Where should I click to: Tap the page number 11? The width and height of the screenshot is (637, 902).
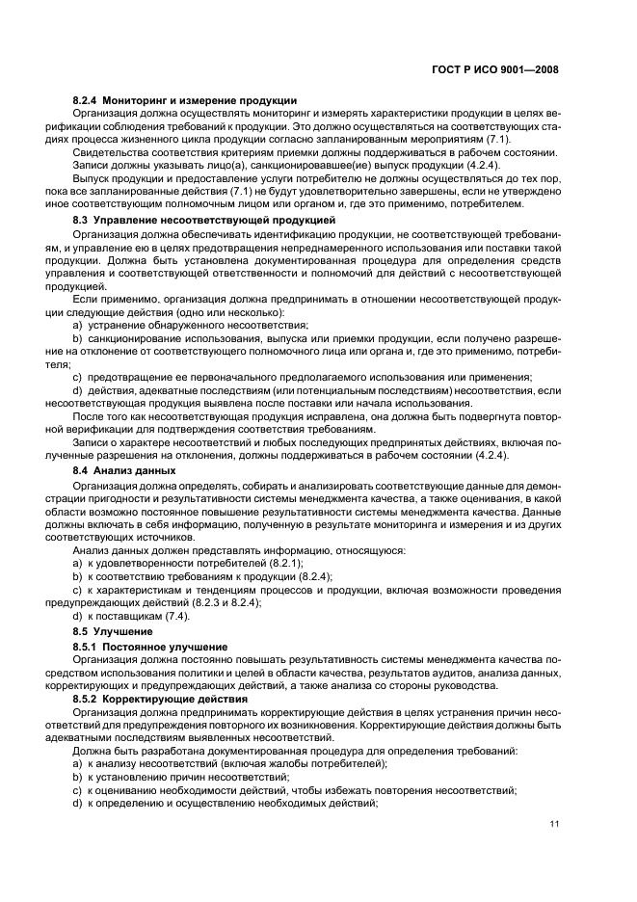click(x=554, y=824)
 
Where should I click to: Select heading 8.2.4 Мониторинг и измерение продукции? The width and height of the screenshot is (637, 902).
click(x=184, y=101)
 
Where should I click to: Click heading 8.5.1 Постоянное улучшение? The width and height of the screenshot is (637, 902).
click(x=149, y=646)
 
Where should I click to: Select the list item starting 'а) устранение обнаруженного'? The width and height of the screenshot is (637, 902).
click(x=190, y=326)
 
